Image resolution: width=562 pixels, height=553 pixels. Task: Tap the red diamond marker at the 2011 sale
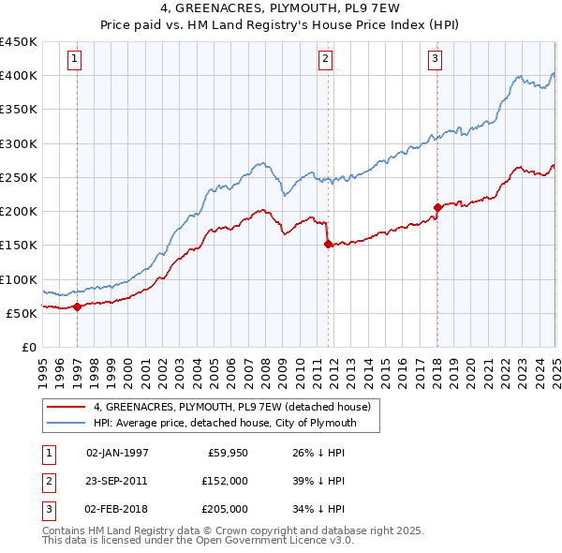[x=328, y=244]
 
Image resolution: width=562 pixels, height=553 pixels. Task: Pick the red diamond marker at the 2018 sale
[x=437, y=207]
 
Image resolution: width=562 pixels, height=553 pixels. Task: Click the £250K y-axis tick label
[x=19, y=177]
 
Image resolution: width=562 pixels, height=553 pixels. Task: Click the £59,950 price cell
[x=226, y=453]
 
